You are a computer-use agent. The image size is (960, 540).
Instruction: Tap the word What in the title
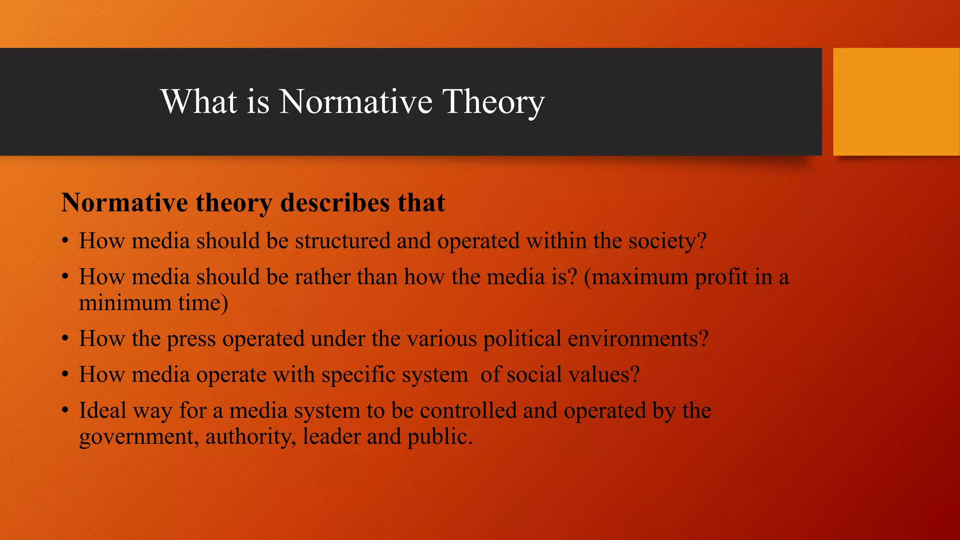click(x=199, y=102)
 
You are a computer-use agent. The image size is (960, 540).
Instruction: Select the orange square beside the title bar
click(x=896, y=102)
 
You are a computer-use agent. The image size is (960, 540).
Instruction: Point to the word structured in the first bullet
click(x=342, y=241)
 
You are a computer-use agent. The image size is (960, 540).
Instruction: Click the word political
click(x=522, y=339)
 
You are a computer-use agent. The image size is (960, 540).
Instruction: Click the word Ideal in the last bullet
click(x=103, y=411)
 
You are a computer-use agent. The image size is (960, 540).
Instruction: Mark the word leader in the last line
click(x=331, y=437)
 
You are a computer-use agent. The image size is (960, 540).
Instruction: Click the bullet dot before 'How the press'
click(x=66, y=339)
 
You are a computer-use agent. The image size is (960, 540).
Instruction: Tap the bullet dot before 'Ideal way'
click(x=66, y=411)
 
